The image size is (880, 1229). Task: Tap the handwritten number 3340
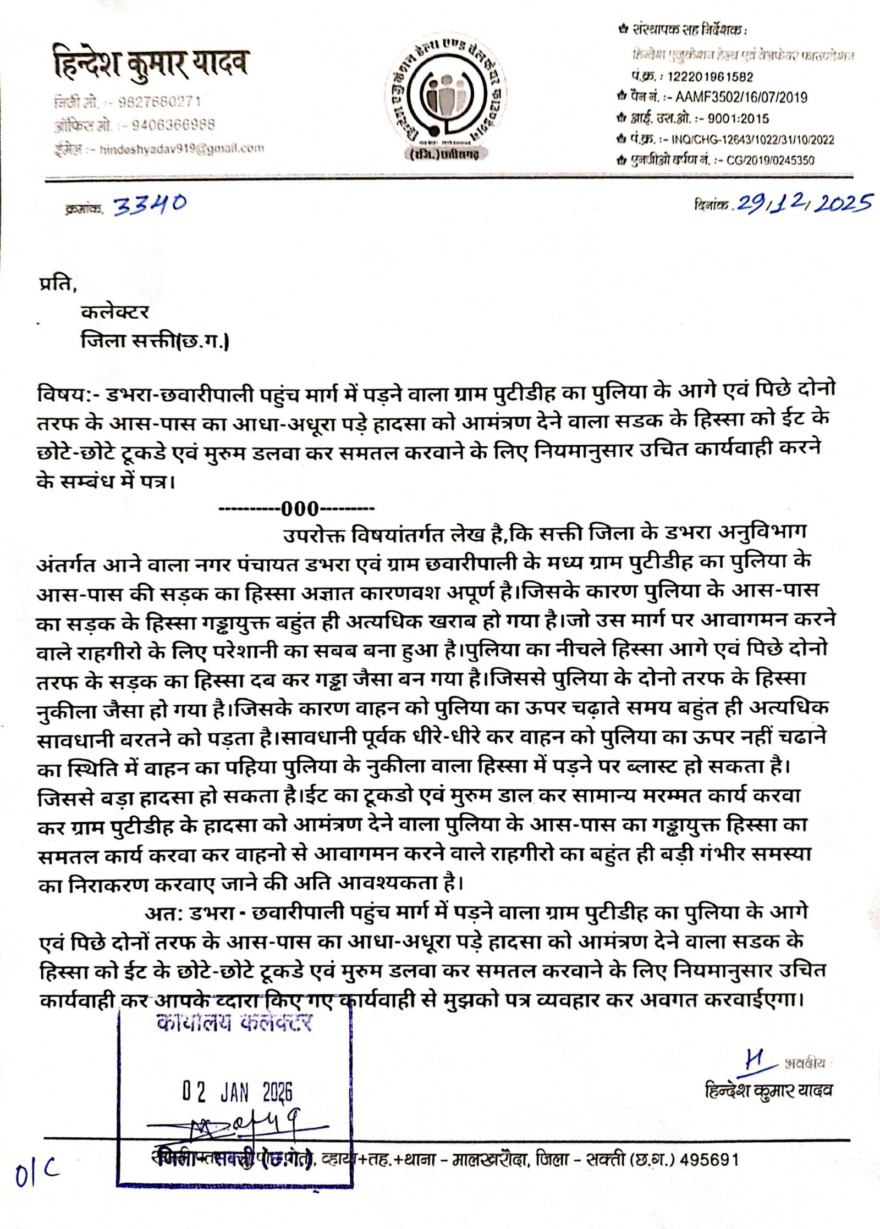click(150, 206)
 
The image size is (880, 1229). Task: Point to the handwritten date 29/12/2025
click(804, 204)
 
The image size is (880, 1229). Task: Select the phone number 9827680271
click(159, 102)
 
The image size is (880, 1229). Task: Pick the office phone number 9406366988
click(173, 125)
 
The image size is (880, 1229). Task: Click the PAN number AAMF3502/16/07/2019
click(741, 98)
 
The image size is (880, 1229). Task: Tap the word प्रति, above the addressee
click(57, 285)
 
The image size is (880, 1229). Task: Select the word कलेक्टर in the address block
click(115, 312)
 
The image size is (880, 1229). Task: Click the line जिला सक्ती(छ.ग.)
click(155, 341)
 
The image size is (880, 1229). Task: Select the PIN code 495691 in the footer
click(710, 1160)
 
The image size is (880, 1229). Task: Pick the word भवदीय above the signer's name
click(805, 1064)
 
